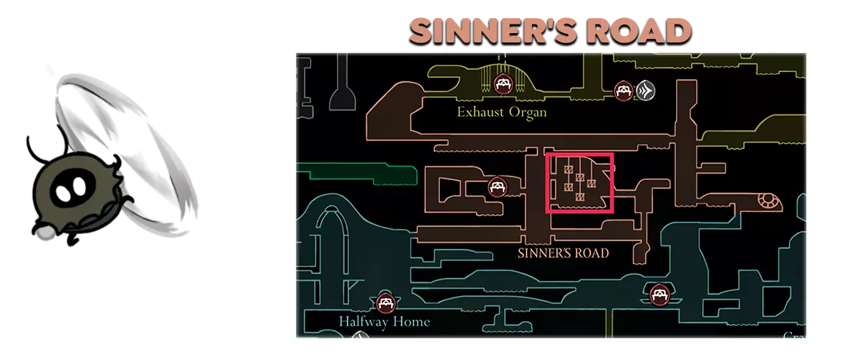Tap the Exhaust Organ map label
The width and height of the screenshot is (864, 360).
tap(502, 112)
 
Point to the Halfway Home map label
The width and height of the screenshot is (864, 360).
tap(384, 321)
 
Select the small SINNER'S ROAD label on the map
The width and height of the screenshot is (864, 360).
tap(563, 253)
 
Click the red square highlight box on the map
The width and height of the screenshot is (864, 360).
tap(580, 183)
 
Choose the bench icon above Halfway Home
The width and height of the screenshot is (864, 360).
tap(383, 302)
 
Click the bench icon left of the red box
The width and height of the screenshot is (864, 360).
tap(497, 187)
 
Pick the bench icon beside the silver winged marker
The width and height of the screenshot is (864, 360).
tap(622, 90)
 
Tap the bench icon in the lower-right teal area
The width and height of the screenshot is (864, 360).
tap(658, 293)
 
